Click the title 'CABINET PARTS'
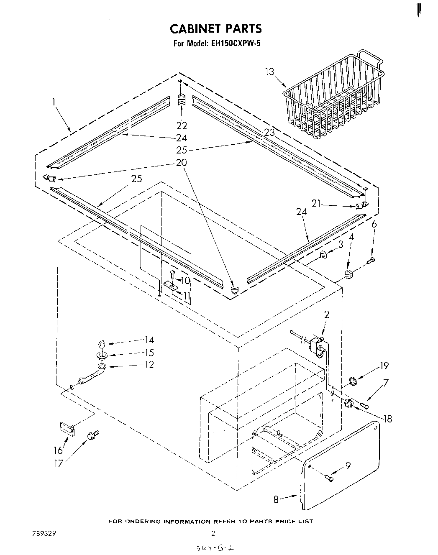coord(215,28)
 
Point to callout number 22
coord(182,125)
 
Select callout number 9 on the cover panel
coord(348,464)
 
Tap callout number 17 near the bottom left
coord(59,463)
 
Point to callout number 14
coord(149,340)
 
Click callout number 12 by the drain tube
coord(149,365)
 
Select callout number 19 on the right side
coord(384,366)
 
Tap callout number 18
coord(387,418)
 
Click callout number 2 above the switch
coord(327,315)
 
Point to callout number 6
coord(374,225)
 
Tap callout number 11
coord(187,296)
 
